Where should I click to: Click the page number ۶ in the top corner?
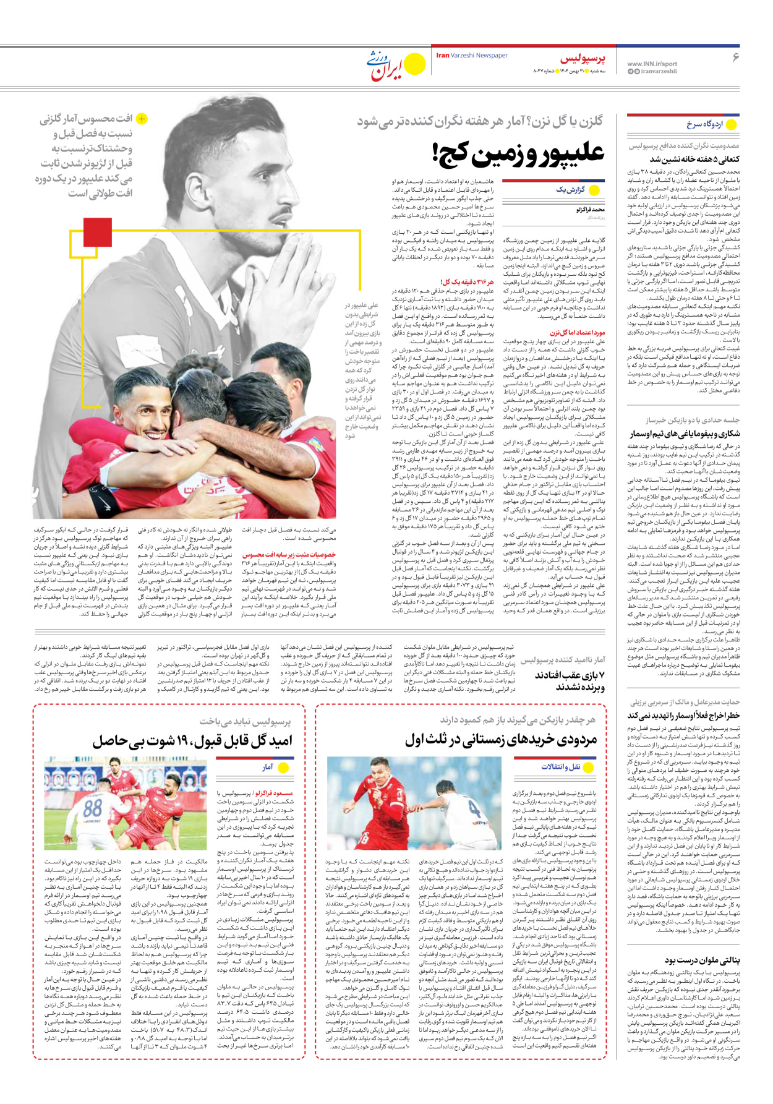point(735,58)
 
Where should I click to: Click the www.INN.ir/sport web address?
point(652,64)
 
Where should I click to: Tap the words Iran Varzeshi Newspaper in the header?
point(472,56)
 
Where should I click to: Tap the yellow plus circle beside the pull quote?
point(142,118)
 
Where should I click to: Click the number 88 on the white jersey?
point(93,808)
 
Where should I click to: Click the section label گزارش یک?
point(570,190)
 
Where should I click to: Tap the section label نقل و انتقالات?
point(560,767)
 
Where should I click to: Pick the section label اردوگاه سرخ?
point(704,124)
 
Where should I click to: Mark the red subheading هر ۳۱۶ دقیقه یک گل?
point(467,282)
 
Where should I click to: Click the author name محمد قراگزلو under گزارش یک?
point(591,210)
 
